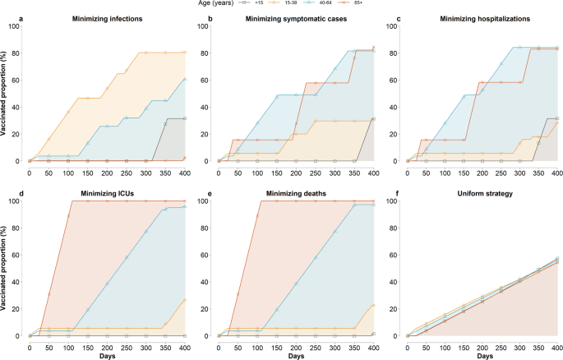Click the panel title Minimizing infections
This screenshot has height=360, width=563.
(107, 18)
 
